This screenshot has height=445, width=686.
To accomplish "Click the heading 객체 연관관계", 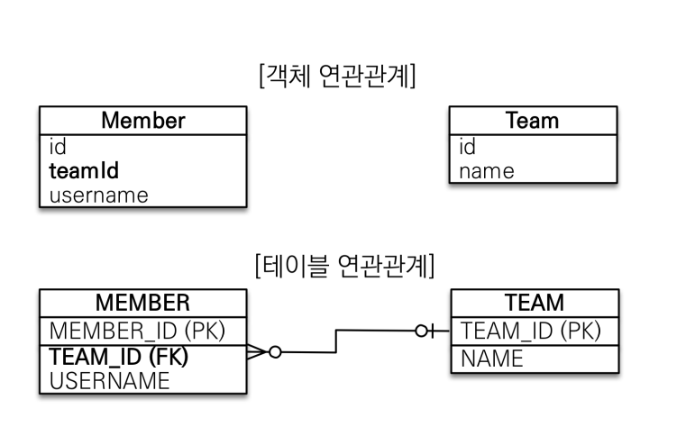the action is [337, 76].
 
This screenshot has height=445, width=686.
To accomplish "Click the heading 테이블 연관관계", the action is [344, 266].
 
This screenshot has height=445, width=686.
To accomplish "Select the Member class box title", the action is [143, 120].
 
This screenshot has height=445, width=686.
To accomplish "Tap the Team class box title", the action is [533, 120].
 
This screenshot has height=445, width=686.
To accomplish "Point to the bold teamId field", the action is [84, 170].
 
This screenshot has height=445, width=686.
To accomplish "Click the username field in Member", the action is [99, 195].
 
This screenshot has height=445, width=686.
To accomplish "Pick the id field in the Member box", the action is [58, 146].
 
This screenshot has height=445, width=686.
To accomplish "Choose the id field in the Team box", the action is [467, 146].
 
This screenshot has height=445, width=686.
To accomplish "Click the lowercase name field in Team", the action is [487, 171].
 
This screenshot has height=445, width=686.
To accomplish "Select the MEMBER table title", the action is [142, 303].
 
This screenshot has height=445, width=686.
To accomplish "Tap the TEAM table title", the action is [535, 303].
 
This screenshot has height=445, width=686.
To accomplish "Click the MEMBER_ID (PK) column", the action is [137, 331].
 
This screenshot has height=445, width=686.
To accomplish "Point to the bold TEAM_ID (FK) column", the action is [119, 356].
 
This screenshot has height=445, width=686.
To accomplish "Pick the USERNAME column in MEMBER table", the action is [109, 381].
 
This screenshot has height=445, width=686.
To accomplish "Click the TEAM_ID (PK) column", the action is [531, 331].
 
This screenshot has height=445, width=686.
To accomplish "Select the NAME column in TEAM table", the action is [492, 359].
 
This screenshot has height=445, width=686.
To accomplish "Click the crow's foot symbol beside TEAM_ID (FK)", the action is [258, 352].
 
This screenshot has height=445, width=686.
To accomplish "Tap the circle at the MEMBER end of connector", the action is [275, 352].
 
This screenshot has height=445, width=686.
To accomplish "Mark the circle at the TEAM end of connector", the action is [421, 331].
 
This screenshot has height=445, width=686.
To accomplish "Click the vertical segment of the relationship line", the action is [336, 341].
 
